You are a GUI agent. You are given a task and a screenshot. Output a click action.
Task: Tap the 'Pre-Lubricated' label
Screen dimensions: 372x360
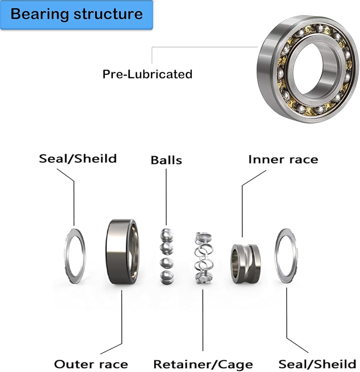point(147,74)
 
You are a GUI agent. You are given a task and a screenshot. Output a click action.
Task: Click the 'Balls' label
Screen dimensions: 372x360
point(166,160)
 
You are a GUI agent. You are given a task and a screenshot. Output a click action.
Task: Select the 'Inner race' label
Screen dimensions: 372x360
point(283,160)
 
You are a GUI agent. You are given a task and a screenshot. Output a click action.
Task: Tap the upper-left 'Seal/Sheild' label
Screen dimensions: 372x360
point(78,159)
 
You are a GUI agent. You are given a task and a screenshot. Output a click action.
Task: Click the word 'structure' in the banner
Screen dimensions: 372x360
point(108,15)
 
